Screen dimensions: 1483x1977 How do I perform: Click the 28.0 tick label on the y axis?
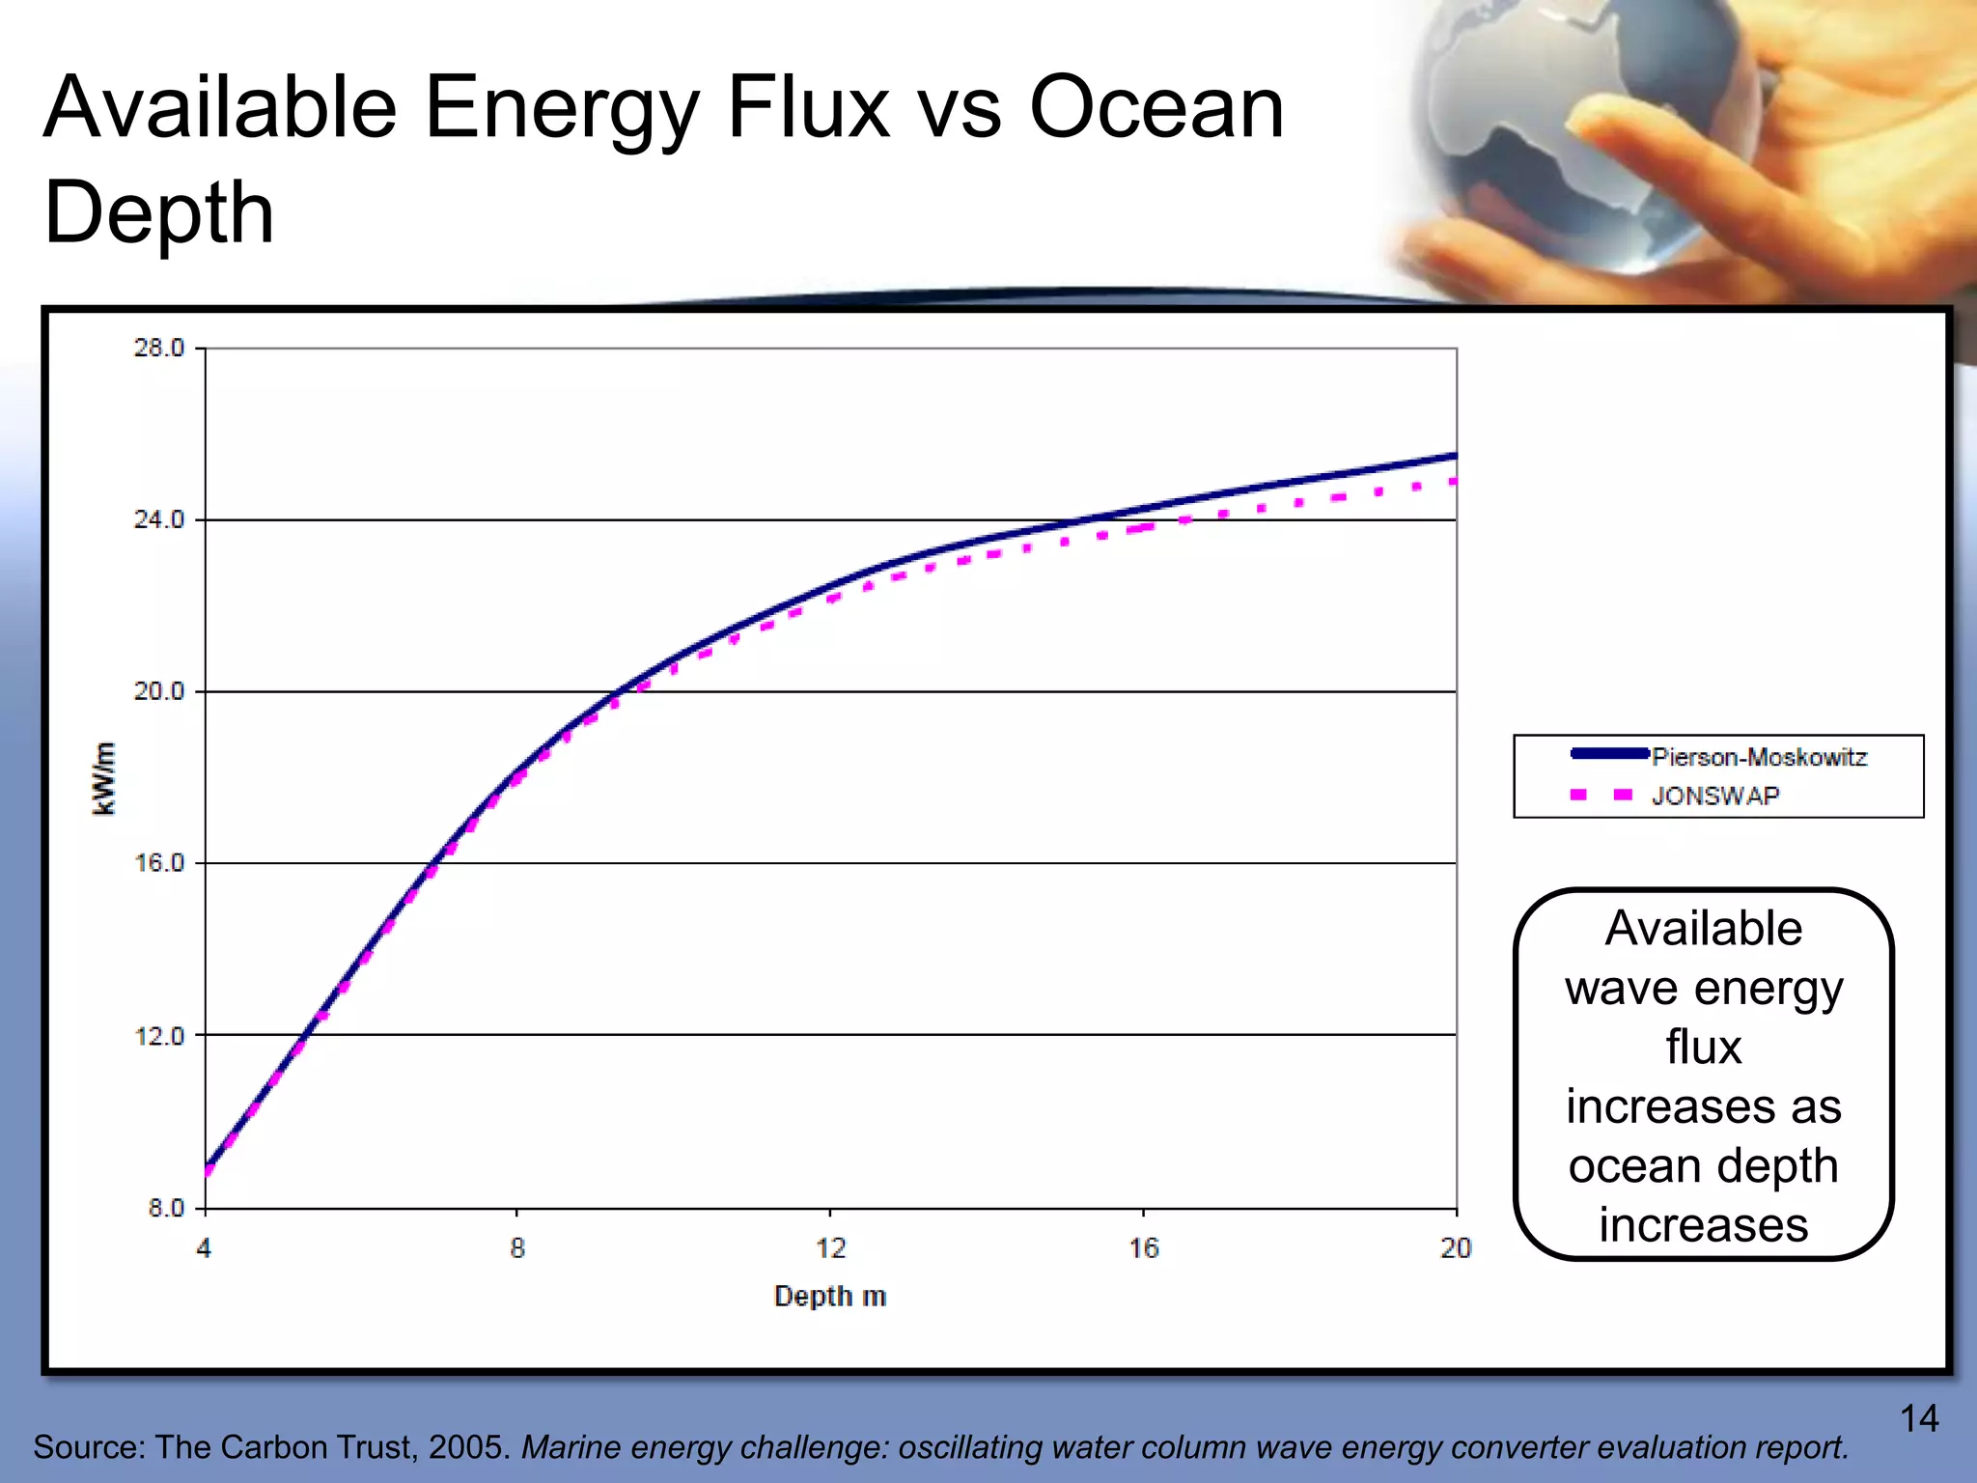(158, 348)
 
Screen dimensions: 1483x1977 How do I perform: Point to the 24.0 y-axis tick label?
(158, 519)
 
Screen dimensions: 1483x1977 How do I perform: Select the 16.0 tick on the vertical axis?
(158, 862)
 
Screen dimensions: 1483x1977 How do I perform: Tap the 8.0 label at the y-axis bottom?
(165, 1208)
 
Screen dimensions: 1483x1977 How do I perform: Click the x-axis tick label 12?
(830, 1248)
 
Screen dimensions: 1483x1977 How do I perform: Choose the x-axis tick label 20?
(1456, 1248)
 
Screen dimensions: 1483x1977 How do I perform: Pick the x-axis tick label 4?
(204, 1248)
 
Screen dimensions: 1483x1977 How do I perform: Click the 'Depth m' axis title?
(830, 1296)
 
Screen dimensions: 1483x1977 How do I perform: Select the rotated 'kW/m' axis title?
(104, 778)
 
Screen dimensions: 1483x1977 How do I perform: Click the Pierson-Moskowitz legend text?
(1759, 757)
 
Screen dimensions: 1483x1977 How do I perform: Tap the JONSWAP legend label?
(1714, 796)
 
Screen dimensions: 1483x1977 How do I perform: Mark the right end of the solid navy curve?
(1454, 456)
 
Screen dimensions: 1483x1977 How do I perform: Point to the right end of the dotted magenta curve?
(1453, 480)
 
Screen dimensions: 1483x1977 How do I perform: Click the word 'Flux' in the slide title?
(807, 108)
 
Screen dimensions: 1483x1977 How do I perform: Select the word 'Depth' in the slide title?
(159, 212)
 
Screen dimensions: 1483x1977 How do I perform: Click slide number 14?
(1919, 1418)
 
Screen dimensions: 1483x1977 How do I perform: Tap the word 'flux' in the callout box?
(1703, 1047)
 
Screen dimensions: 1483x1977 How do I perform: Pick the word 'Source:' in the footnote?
(89, 1447)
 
